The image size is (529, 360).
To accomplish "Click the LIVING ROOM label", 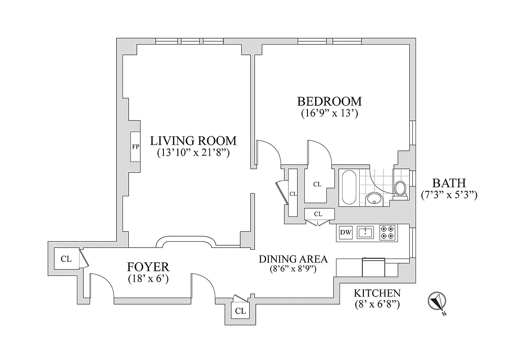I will (194, 140).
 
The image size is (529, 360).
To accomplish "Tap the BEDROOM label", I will (329, 101).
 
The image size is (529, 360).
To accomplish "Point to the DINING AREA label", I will (293, 259).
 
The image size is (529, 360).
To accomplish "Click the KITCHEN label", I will (377, 293).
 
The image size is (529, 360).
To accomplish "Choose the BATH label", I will (449, 183).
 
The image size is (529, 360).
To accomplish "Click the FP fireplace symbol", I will (135, 147).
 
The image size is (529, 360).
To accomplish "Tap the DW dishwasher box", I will (345, 233).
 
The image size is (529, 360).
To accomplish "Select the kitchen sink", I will (365, 233).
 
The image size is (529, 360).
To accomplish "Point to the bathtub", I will (348, 187).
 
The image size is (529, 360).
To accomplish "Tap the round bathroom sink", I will (373, 198).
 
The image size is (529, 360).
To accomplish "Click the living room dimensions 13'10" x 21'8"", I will (194, 153).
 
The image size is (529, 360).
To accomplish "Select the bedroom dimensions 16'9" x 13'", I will (329, 113).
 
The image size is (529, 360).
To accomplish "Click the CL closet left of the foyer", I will (66, 259).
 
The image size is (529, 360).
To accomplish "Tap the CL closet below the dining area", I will (240, 311).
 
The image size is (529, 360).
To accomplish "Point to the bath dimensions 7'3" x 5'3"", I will (449, 195).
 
